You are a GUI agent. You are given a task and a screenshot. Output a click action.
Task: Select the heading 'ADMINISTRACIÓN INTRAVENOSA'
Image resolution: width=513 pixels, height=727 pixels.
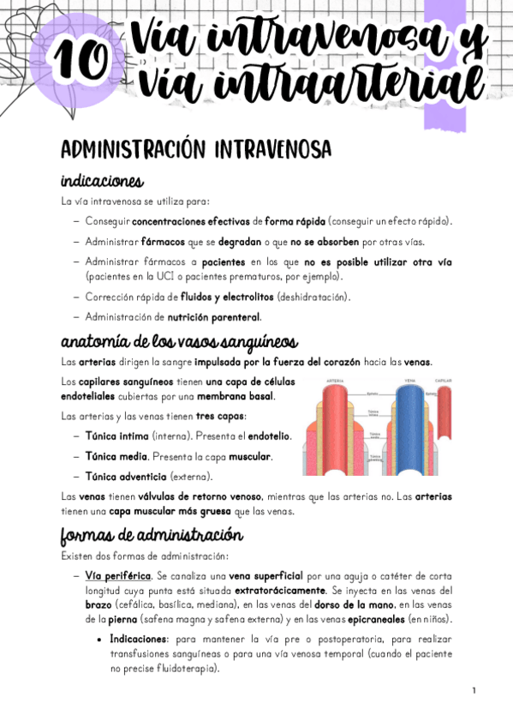click(x=195, y=149)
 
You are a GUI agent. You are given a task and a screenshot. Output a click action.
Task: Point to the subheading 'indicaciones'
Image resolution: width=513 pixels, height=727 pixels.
click(x=101, y=182)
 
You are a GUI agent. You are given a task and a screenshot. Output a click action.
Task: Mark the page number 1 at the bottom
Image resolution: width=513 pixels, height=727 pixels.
click(x=473, y=690)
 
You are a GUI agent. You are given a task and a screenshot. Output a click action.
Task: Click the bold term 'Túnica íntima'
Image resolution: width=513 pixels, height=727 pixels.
click(x=116, y=436)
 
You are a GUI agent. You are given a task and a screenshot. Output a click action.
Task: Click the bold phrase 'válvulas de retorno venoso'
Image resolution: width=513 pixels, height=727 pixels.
click(x=162, y=496)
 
